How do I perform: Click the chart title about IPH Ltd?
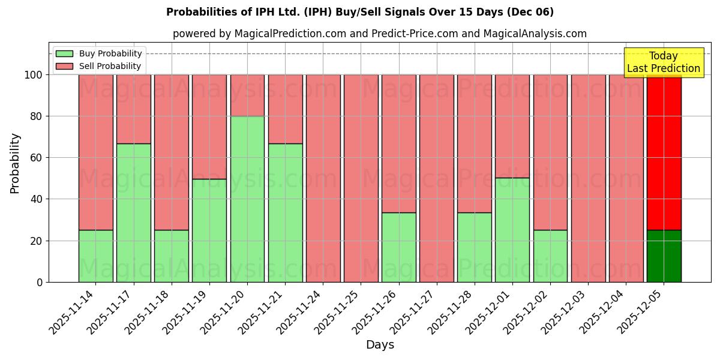click(360, 12)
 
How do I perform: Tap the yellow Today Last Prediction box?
click(664, 62)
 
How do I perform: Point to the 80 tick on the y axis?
click(37, 116)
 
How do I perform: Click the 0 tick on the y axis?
click(40, 282)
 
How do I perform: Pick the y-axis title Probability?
click(15, 163)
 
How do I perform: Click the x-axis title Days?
click(380, 345)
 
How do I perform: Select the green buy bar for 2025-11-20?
click(247, 199)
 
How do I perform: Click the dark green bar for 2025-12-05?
click(664, 256)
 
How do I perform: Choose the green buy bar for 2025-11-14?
click(96, 256)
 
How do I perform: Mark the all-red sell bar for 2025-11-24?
click(323, 178)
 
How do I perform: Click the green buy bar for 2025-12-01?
click(512, 230)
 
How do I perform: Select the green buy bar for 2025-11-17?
click(134, 212)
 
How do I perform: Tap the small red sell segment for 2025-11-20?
click(247, 95)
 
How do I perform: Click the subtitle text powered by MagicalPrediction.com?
click(380, 34)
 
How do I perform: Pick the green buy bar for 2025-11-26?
click(399, 247)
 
